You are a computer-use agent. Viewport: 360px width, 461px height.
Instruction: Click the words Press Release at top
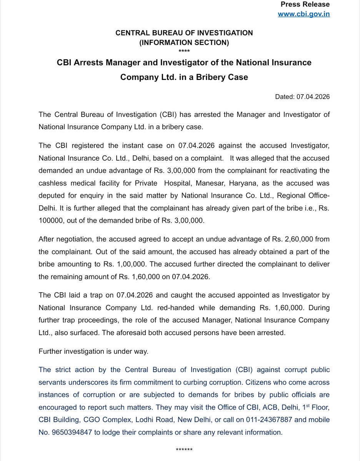click(305, 5)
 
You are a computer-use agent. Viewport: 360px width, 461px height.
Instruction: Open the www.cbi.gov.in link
click(304, 14)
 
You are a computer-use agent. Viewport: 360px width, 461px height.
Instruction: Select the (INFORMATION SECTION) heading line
click(184, 43)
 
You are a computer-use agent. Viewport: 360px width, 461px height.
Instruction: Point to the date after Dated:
click(313, 97)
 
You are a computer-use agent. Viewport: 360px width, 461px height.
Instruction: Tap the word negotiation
click(73, 239)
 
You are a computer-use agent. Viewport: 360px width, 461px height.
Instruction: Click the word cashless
click(52, 183)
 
